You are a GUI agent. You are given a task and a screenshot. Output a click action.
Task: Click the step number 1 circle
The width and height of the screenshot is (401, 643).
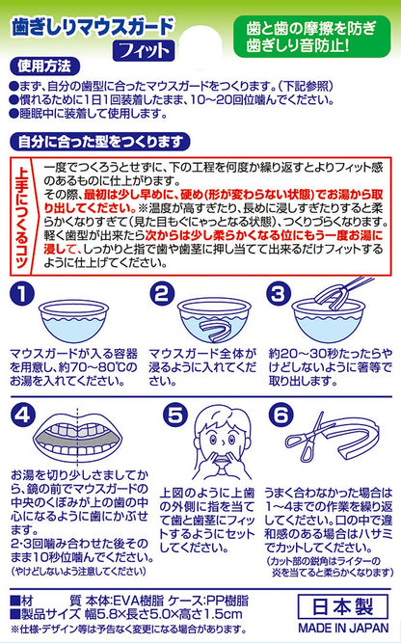point(22,294)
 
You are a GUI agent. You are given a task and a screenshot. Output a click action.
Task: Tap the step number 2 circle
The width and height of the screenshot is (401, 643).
point(162,294)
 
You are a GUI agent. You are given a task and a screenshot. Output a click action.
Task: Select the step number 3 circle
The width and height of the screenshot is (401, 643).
point(279,294)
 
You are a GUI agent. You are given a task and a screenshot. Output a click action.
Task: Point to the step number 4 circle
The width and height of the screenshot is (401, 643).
point(23,415)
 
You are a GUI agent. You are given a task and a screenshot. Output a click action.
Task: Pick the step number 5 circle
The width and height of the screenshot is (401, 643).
point(174,415)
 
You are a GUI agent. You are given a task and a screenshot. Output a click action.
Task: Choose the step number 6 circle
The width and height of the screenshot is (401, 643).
point(281,415)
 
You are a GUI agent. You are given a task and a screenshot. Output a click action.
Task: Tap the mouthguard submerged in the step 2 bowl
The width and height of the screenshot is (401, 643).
point(213,328)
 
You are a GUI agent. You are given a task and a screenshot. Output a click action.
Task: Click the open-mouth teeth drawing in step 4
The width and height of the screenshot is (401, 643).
point(77,438)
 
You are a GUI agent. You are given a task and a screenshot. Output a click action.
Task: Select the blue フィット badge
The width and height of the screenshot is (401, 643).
point(144,50)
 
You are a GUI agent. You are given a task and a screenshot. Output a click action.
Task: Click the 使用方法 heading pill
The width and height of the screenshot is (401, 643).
point(44,67)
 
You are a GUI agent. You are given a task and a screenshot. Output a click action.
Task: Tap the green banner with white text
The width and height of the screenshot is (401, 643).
point(311,37)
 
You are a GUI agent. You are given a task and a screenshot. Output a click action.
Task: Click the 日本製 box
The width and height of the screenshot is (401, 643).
point(343,607)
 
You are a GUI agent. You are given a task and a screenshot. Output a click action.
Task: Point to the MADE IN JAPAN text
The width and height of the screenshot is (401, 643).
point(343,628)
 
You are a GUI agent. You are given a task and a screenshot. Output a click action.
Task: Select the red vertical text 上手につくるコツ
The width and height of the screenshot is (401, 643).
point(23,217)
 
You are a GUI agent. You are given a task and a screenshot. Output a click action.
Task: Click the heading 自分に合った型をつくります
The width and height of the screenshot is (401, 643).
point(99,142)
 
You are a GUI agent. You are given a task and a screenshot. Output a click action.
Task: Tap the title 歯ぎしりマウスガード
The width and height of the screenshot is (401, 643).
point(94,28)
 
